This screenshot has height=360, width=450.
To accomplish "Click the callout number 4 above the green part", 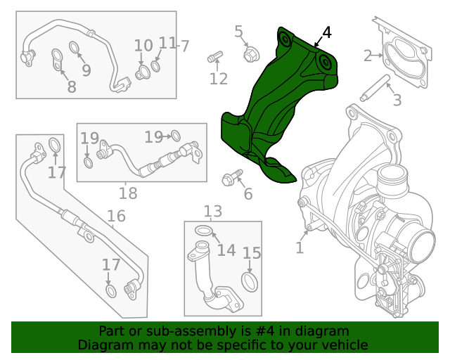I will click(326, 33).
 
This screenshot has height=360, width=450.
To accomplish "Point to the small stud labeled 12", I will click(214, 56).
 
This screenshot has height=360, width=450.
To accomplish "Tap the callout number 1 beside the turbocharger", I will click(300, 247).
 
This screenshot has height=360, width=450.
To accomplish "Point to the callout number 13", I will click(212, 211).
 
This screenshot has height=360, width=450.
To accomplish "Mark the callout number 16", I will click(116, 216).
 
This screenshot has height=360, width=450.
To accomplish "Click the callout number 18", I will click(128, 193).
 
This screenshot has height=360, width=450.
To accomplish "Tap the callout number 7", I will click(185, 46).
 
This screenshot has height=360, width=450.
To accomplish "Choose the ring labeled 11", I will click(156, 65).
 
